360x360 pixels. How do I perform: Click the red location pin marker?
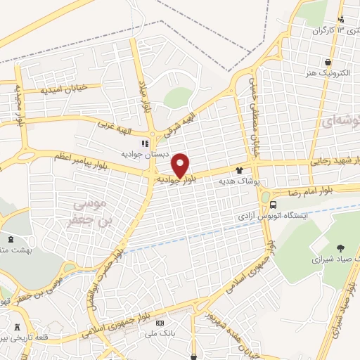181,165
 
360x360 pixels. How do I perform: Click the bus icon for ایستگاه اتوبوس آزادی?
274,204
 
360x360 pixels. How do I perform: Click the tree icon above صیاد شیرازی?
340,247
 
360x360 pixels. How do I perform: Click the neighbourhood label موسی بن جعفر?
93,211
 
